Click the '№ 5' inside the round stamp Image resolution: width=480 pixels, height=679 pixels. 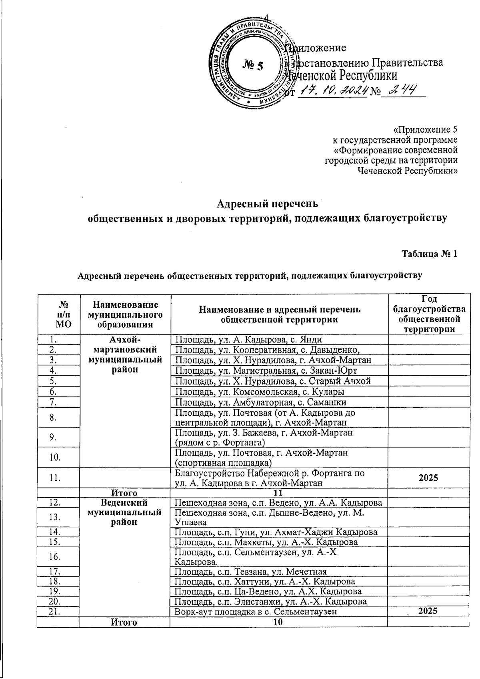[x=253, y=65]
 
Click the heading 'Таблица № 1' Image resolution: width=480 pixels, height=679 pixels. [x=429, y=254]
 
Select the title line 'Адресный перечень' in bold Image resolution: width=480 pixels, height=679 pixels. [x=267, y=204]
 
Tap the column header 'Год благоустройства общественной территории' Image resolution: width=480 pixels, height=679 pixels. [x=429, y=314]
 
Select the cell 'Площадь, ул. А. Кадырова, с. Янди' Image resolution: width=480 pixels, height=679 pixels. [x=248, y=340]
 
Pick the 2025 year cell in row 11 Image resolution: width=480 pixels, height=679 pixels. [x=429, y=478]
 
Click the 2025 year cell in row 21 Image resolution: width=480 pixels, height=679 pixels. [x=429, y=610]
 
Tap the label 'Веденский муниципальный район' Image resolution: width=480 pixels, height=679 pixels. [x=124, y=512]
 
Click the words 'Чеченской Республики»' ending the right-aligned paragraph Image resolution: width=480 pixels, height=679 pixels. [x=407, y=171]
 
